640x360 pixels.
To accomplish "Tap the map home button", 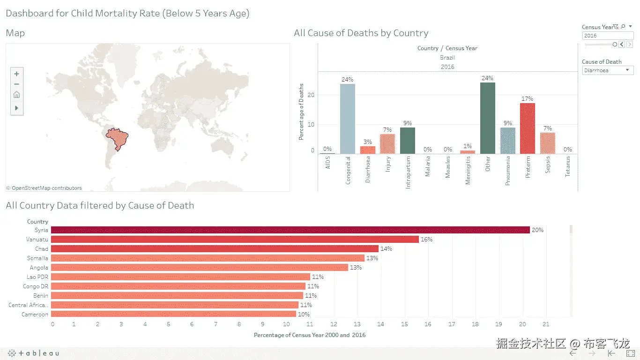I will [17, 95].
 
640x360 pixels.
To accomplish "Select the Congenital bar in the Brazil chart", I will [347, 119].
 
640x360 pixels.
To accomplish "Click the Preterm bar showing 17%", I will [528, 128].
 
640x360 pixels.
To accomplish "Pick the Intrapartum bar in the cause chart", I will [407, 141].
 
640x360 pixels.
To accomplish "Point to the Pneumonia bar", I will [507, 141].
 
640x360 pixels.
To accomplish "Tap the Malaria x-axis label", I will [428, 167].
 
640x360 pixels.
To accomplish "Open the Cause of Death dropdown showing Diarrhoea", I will [608, 70].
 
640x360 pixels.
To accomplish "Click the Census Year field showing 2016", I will [607, 36].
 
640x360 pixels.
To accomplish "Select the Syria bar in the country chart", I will [290, 230].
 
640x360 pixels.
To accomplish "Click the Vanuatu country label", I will [37, 240].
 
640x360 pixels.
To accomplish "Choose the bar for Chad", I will [215, 249].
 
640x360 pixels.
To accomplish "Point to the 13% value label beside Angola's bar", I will [356, 268].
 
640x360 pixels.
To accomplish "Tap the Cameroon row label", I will [35, 315].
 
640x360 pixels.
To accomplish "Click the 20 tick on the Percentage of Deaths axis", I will [312, 95].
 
